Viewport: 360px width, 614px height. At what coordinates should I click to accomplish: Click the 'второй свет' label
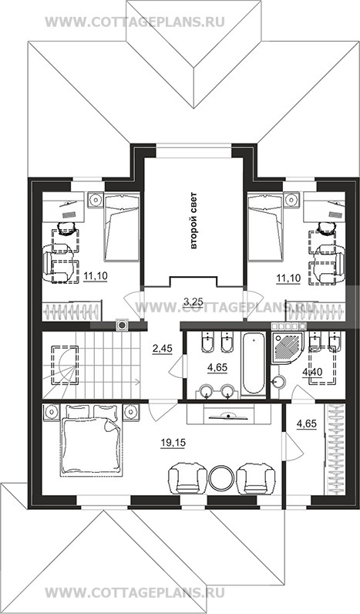pos(193,220)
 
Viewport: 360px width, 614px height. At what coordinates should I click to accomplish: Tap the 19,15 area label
pos(173,443)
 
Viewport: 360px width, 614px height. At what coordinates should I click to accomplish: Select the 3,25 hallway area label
pos(193,301)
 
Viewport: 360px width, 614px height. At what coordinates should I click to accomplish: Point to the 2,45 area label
pos(162,349)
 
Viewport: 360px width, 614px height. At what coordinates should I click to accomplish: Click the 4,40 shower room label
pos(312,372)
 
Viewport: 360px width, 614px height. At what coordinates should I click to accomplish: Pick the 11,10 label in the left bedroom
pos(96,277)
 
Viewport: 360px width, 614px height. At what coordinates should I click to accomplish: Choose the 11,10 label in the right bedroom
pos(288,278)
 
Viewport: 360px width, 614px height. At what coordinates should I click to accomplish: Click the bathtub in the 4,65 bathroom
pos(253,363)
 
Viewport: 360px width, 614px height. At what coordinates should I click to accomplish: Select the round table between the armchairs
pos(221,477)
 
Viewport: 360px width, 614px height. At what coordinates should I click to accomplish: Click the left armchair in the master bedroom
pos(187,478)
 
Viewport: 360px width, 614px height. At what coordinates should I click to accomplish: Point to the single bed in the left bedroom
pos(122,228)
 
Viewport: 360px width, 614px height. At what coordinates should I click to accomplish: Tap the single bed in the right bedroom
pos(265,228)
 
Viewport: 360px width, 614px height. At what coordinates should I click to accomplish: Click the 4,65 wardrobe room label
pos(306,423)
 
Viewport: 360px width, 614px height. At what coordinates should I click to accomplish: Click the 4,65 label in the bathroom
pos(217,368)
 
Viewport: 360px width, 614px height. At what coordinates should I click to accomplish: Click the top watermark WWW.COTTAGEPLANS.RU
pos(135,22)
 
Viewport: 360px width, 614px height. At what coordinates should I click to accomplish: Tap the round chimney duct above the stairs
pos(123,325)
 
